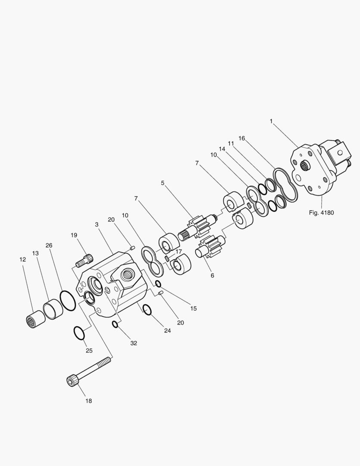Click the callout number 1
[x=271, y=121]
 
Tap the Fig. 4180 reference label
[x=321, y=213]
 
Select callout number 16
[x=241, y=139]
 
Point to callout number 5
[x=163, y=183]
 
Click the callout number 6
[x=213, y=275]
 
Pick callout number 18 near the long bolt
[x=88, y=401]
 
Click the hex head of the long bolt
[x=72, y=380]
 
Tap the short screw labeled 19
[x=85, y=260]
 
